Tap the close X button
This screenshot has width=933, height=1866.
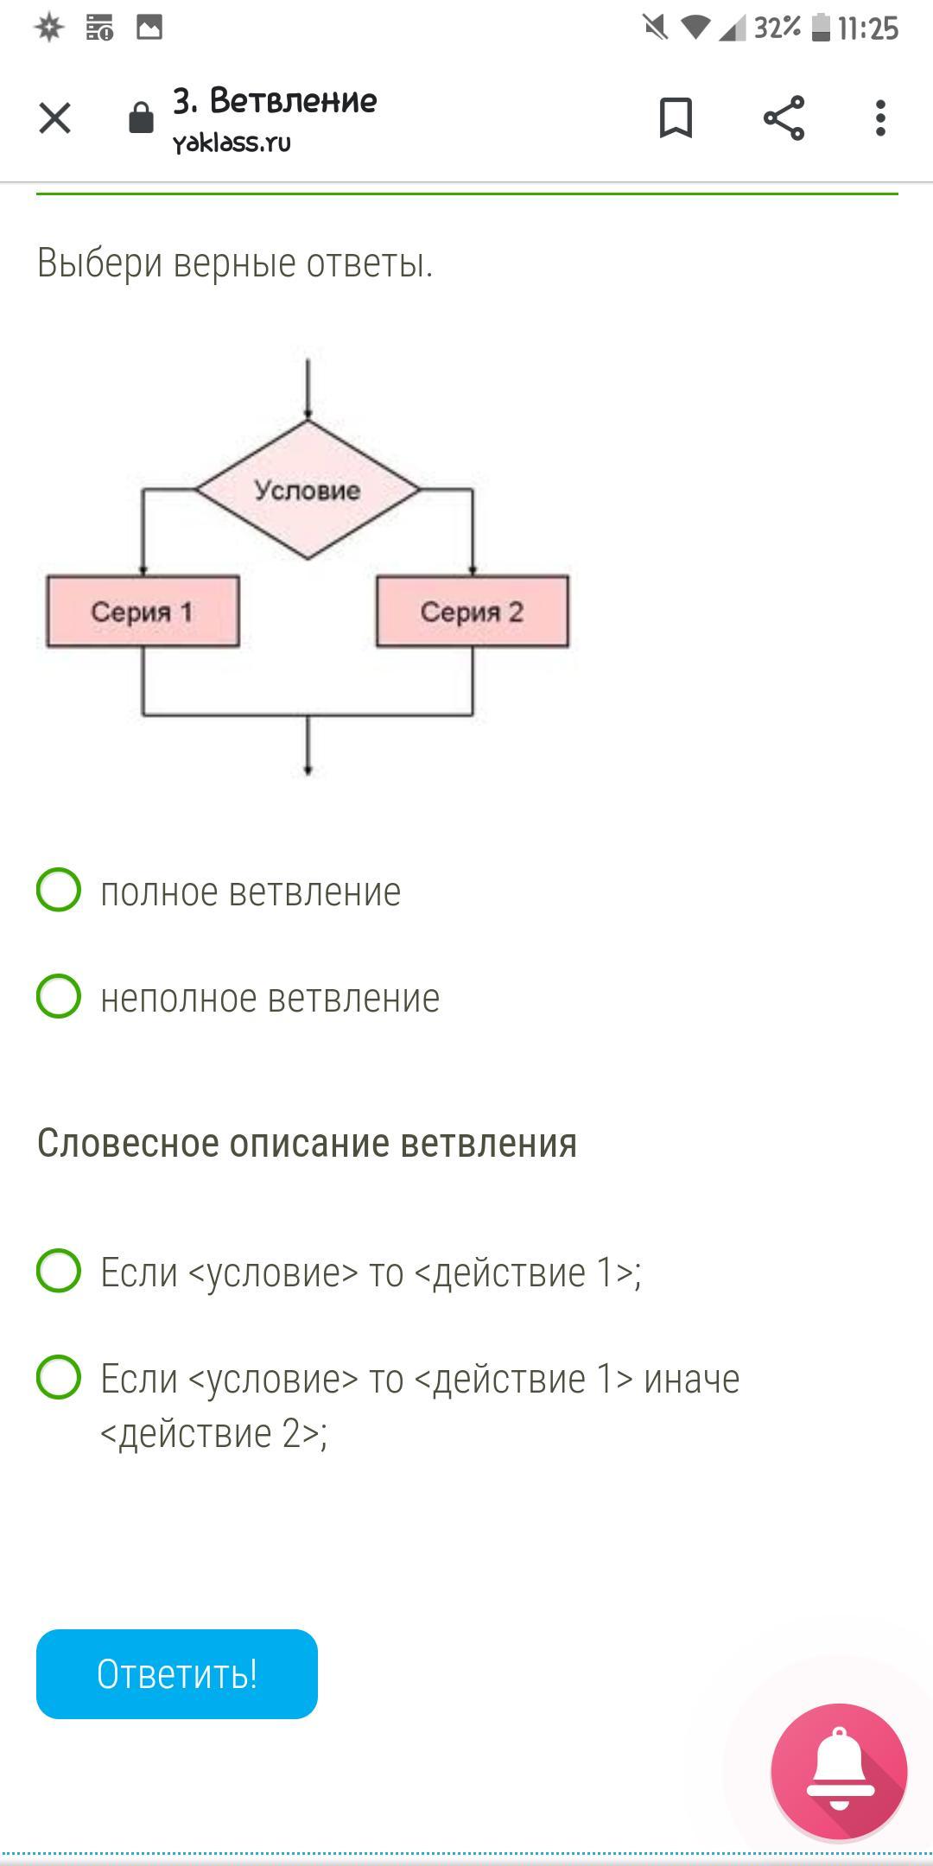(54, 118)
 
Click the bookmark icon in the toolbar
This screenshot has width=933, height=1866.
(676, 117)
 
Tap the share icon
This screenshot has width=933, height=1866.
(784, 117)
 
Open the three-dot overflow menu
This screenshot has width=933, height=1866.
(879, 117)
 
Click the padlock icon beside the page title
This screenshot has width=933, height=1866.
(141, 118)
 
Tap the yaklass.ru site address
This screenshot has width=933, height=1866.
(232, 143)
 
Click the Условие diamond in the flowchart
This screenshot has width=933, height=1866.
(308, 490)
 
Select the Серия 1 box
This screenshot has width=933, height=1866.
(143, 612)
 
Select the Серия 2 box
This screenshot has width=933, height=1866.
(473, 612)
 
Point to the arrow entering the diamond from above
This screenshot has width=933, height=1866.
(308, 389)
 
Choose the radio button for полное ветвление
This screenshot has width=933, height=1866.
(59, 890)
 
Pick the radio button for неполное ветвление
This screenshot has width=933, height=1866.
(59, 996)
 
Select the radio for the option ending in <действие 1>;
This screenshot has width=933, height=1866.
(59, 1271)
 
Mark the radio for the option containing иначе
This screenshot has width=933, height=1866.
(59, 1377)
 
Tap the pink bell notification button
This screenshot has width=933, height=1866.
(839, 1771)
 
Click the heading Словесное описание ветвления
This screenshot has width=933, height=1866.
(307, 1143)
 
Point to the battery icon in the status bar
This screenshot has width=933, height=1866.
(821, 28)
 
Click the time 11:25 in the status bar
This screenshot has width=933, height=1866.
(868, 29)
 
